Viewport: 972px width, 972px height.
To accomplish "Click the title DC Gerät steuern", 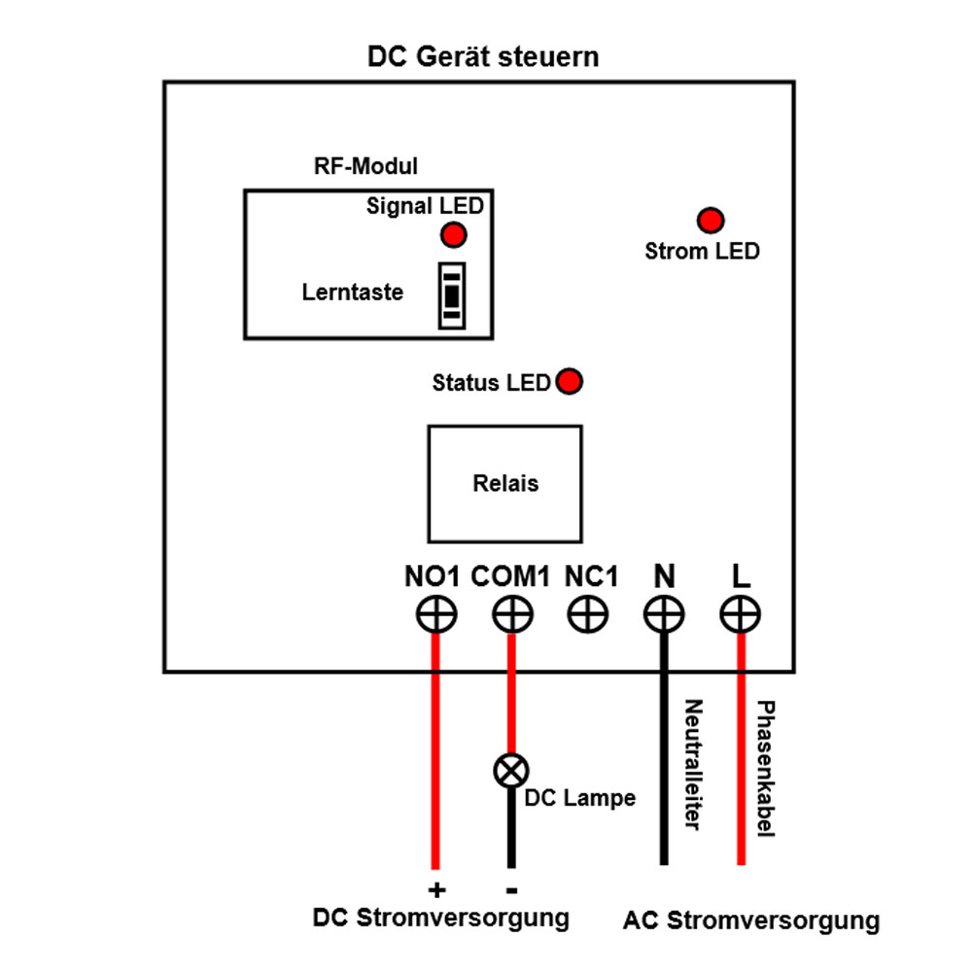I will (483, 56).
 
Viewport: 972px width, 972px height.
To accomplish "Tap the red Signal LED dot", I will (453, 235).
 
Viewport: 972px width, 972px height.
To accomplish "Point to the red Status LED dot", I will (569, 381).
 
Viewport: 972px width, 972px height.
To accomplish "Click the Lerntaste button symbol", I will (451, 293).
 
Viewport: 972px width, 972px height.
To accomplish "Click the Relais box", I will (504, 483).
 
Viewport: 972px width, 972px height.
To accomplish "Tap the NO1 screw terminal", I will (436, 615).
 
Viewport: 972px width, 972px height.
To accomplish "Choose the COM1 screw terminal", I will (511, 615).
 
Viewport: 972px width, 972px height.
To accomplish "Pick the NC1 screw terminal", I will (588, 615).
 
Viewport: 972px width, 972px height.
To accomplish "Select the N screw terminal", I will (664, 615).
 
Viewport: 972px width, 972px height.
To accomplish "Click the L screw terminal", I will (741, 615).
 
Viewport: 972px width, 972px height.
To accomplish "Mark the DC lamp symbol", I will (510, 772).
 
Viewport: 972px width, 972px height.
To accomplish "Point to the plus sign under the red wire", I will (436, 889).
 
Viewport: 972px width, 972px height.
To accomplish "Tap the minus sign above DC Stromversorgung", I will (511, 889).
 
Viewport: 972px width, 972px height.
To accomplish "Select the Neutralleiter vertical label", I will (692, 764).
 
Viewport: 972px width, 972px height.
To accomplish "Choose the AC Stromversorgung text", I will (751, 920).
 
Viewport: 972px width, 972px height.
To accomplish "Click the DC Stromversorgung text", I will (440, 918).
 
